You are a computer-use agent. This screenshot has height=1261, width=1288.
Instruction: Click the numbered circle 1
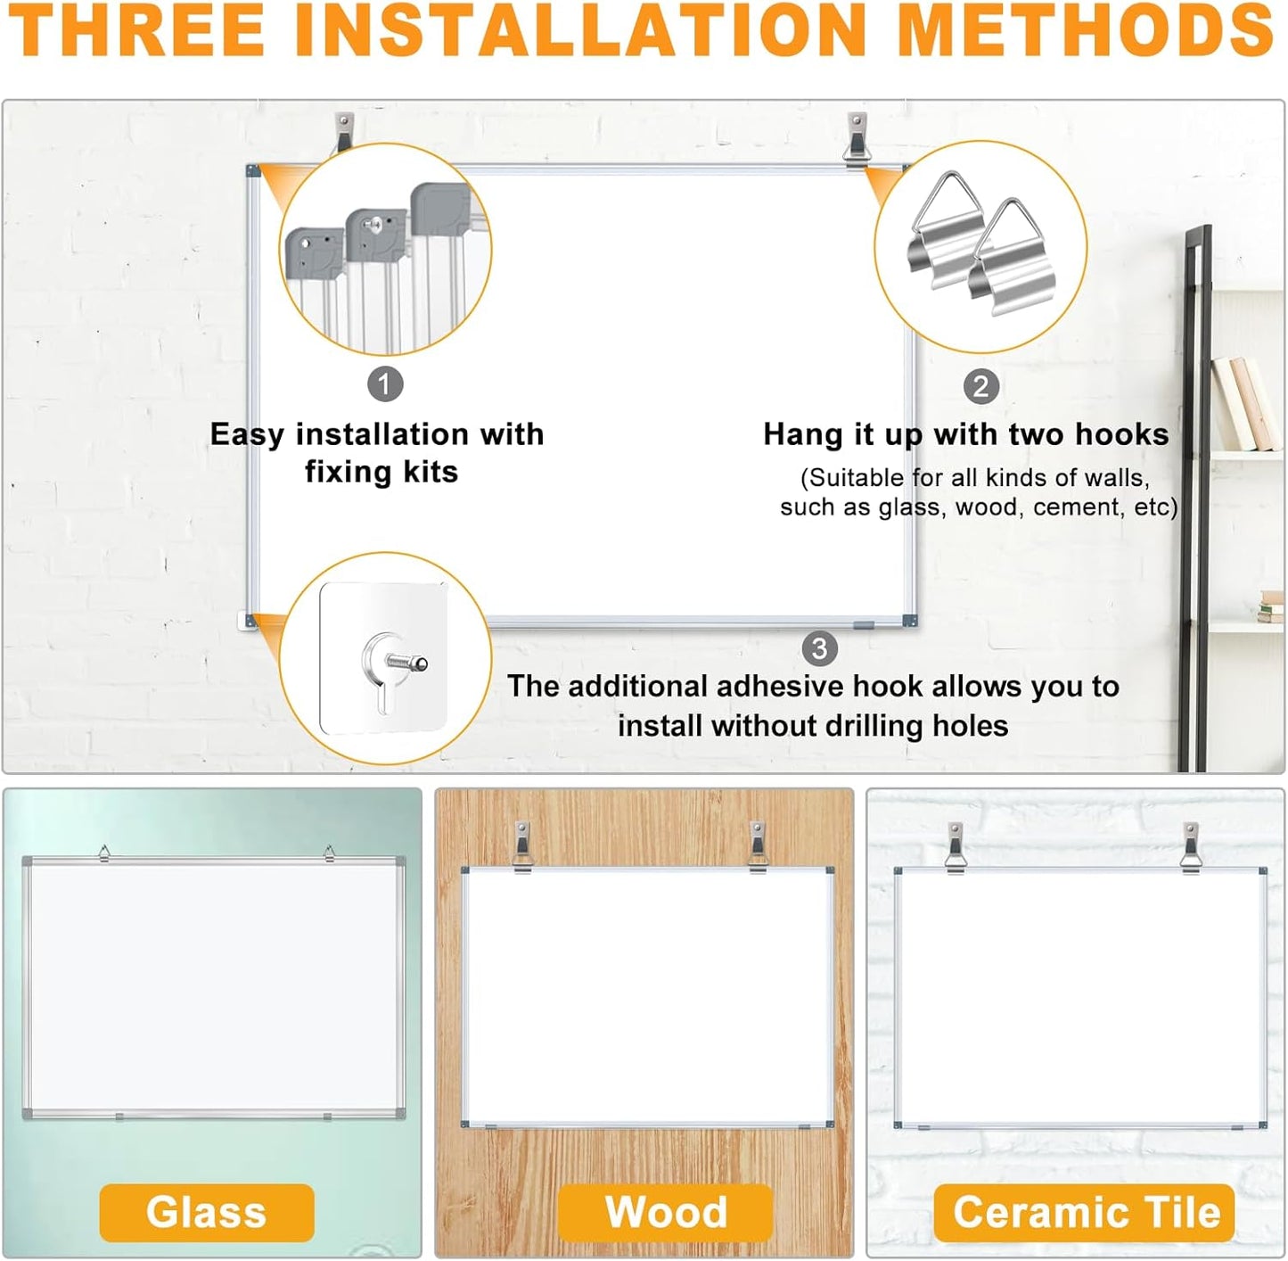(385, 384)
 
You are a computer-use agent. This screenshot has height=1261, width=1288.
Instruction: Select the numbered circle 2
(980, 386)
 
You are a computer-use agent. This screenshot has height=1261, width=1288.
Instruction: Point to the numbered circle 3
(819, 648)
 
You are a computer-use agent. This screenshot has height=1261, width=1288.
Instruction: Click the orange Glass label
(207, 1212)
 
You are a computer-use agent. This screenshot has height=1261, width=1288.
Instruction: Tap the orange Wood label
(666, 1212)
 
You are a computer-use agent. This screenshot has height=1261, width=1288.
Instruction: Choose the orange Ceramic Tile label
(1085, 1212)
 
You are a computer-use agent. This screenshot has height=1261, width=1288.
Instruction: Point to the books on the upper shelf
(1243, 404)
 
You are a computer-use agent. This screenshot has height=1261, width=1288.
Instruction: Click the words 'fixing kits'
(381, 472)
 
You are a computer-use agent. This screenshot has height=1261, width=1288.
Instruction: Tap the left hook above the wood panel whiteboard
(522, 846)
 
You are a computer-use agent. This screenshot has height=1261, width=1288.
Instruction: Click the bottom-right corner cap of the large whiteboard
(909, 621)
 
